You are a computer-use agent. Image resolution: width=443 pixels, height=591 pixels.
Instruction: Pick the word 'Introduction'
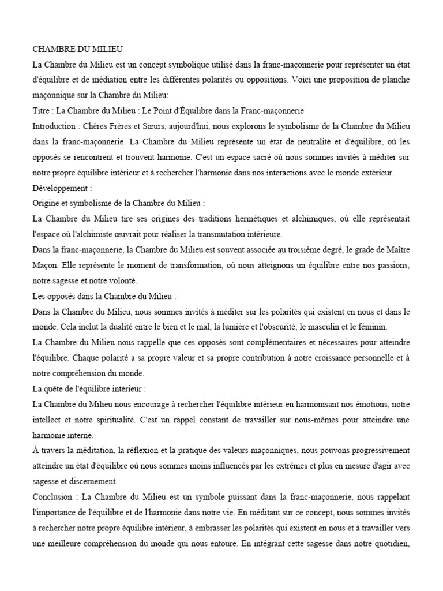click(55, 126)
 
